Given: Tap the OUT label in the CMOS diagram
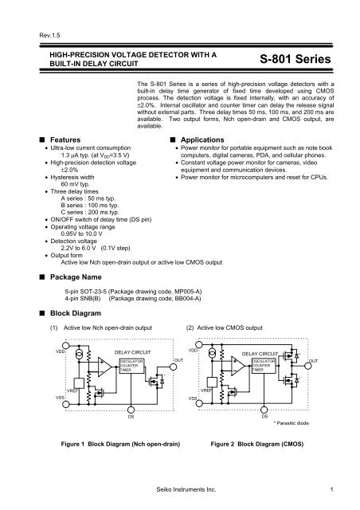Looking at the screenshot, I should click(x=312, y=361).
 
